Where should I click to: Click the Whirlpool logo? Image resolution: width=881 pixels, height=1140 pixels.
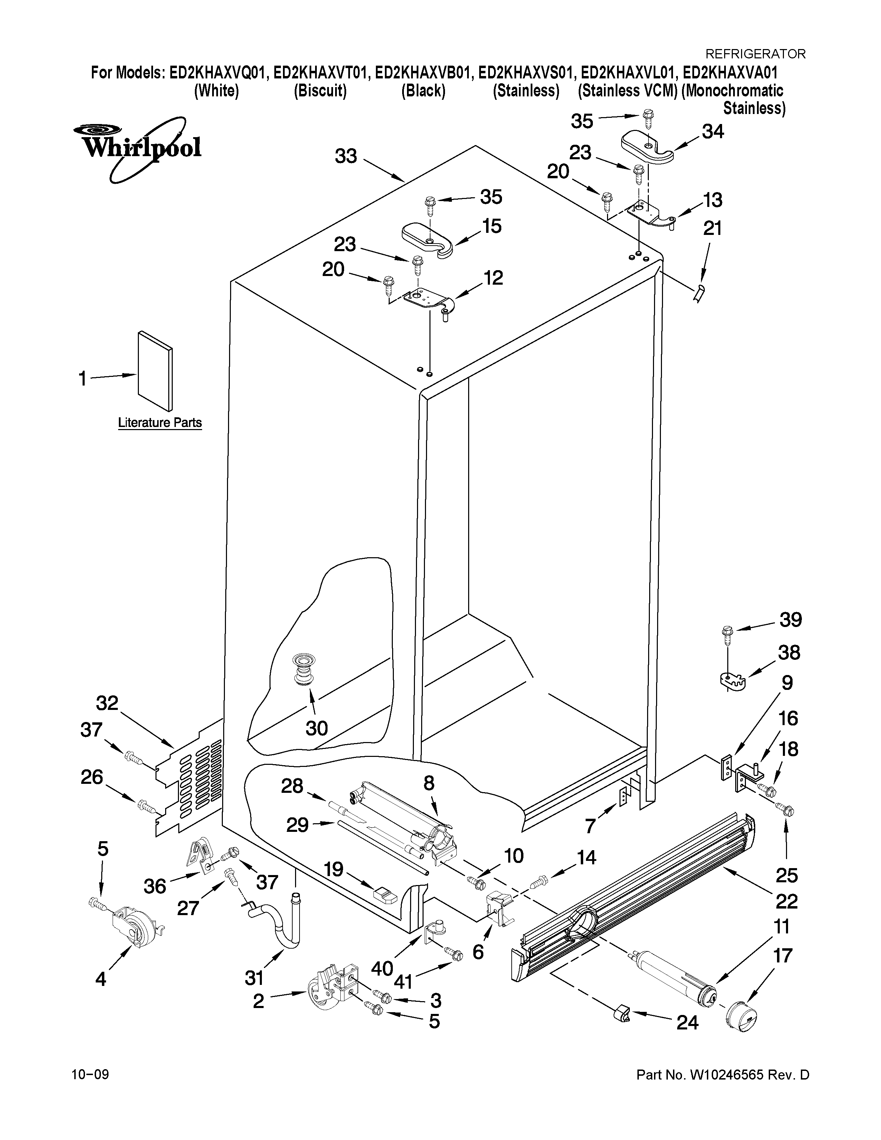[137, 149]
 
